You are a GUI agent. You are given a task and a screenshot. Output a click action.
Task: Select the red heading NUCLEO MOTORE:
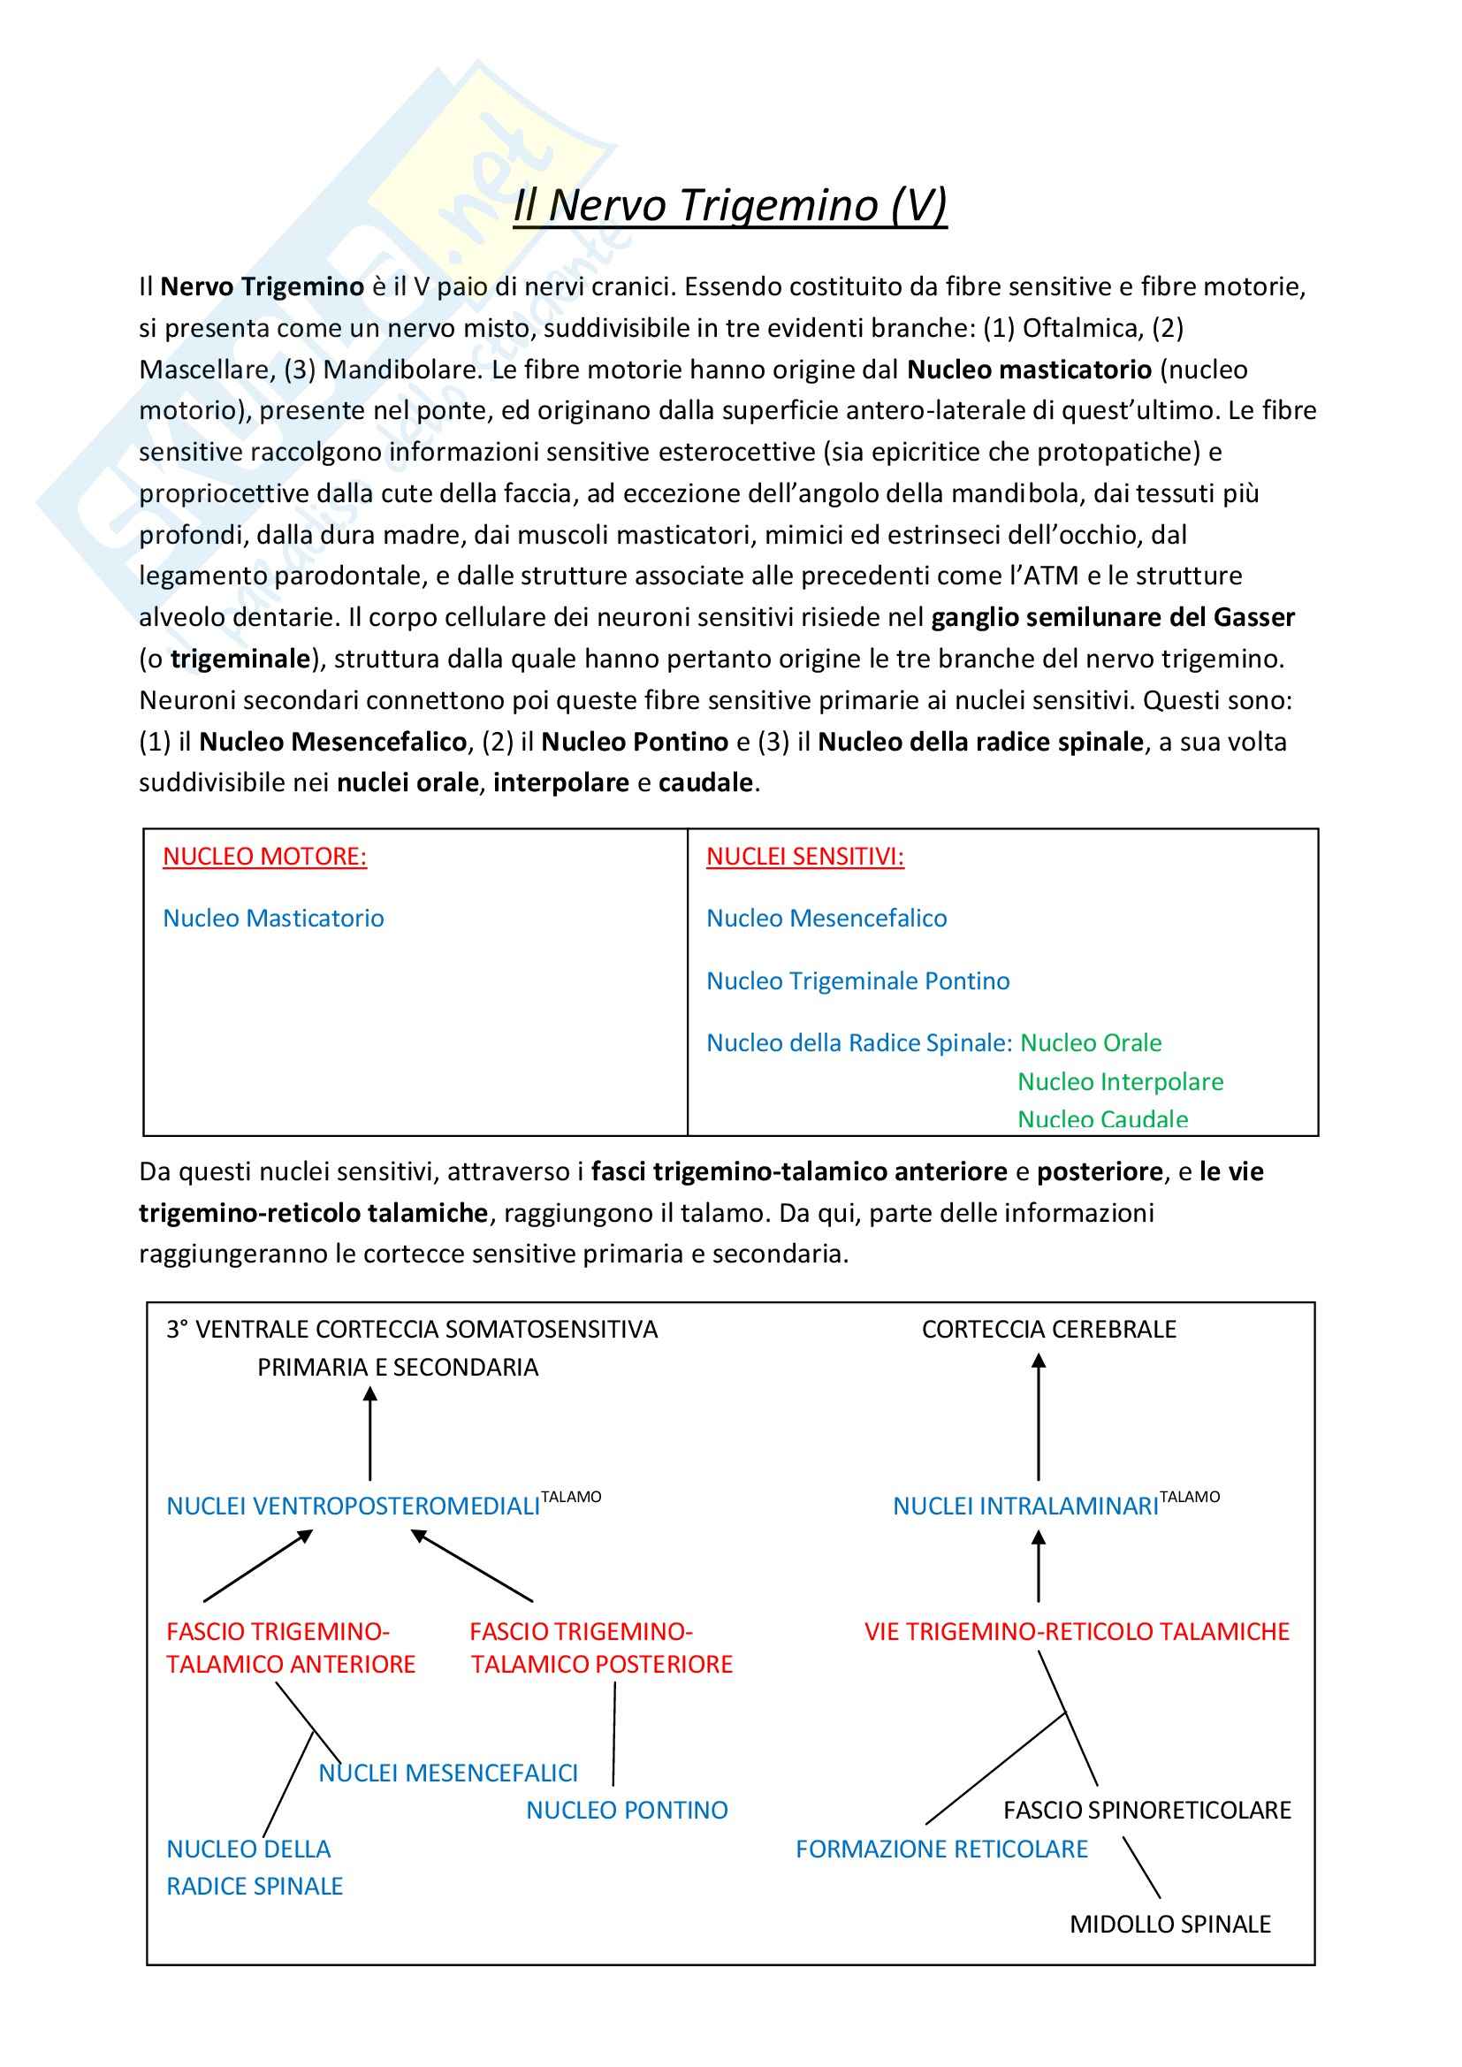pos(264,856)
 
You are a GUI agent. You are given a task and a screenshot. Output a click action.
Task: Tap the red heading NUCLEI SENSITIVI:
pos(805,856)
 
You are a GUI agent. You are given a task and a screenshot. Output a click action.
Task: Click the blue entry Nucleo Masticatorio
pos(274,919)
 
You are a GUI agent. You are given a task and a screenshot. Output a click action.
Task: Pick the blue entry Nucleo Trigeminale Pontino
pos(858,980)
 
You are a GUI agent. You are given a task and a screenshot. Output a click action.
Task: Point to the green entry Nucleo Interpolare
pos(1120,1081)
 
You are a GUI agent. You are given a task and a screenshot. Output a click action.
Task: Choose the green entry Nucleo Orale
pos(1090,1042)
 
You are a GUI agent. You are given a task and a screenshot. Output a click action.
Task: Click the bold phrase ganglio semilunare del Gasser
pos(1113,617)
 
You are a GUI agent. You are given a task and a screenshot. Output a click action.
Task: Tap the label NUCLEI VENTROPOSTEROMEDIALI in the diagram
pos(353,1506)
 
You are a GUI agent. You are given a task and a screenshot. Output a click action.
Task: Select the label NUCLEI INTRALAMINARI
pos(1025,1506)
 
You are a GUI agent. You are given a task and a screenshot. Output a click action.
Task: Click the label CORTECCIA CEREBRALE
pos(1049,1330)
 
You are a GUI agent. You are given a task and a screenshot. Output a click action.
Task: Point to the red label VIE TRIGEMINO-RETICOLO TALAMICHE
pos(1077,1631)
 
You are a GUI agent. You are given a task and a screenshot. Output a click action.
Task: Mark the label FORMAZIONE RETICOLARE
pos(941,1850)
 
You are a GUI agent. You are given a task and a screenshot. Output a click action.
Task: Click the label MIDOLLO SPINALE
pos(1169,1924)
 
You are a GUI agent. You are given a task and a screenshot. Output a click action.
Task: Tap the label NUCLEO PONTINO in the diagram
pos(627,1811)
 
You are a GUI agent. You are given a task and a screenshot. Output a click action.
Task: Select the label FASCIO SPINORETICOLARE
pos(1147,1811)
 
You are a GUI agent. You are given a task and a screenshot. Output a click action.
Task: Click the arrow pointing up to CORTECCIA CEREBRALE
pos(1039,1418)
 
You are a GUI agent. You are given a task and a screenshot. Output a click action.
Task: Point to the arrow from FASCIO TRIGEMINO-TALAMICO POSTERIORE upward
pos(473,1567)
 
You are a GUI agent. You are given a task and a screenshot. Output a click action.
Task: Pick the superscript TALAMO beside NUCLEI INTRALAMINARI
pos(1189,1496)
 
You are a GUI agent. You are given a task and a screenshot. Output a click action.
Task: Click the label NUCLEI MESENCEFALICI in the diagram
pos(448,1773)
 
